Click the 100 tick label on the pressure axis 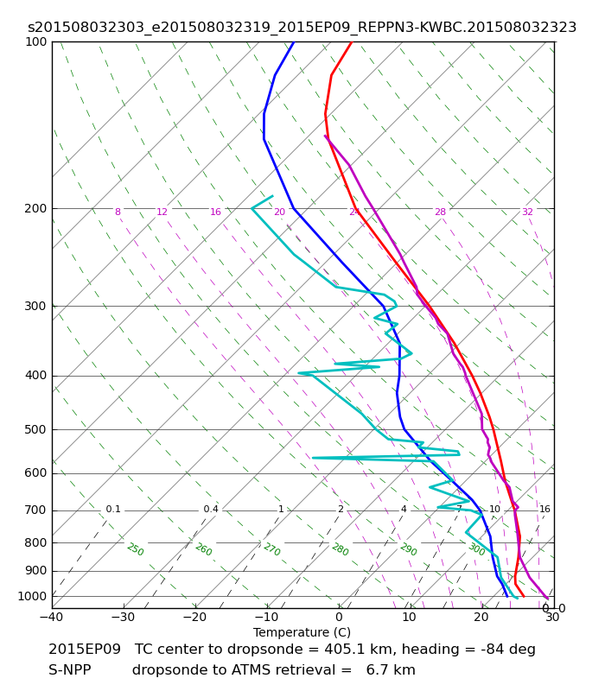pos(36,41)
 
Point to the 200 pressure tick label pos(36,208)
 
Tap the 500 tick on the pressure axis pos(36,429)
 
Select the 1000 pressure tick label pos(33,596)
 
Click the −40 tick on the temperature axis pos(51,618)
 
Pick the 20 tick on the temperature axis pos(481,618)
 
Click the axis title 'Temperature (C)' pos(302,632)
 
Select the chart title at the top pos(302,28)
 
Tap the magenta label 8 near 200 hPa pos(118,212)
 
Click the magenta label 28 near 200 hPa pos(440,212)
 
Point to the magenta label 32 pos(527,212)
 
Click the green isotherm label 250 pos(135,549)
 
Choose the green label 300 pos(476,549)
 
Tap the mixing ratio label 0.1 pos(113,510)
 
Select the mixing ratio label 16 pos(544,510)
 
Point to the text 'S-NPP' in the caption pos(70,670)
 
